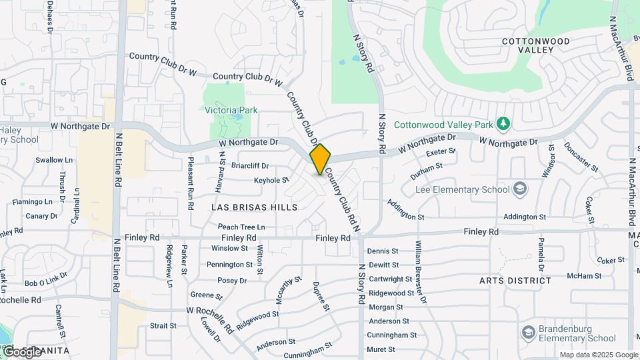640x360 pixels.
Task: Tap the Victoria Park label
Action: pos(231,110)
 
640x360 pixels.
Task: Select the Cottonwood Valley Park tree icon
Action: pos(504,124)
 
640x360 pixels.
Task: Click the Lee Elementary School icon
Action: pos(519,189)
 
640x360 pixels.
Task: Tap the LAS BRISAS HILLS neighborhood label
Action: pos(254,207)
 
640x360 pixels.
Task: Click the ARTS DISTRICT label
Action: pos(515,281)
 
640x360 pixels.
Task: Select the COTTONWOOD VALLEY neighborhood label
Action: pos(536,45)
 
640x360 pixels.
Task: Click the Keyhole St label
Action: pos(271,180)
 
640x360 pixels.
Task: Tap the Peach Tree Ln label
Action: pos(241,227)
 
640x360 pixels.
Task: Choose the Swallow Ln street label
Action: pos(54,160)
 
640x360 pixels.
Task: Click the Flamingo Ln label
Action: pos(32,201)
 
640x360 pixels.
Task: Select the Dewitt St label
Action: pos(383,265)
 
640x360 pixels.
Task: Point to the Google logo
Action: pos(21,351)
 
